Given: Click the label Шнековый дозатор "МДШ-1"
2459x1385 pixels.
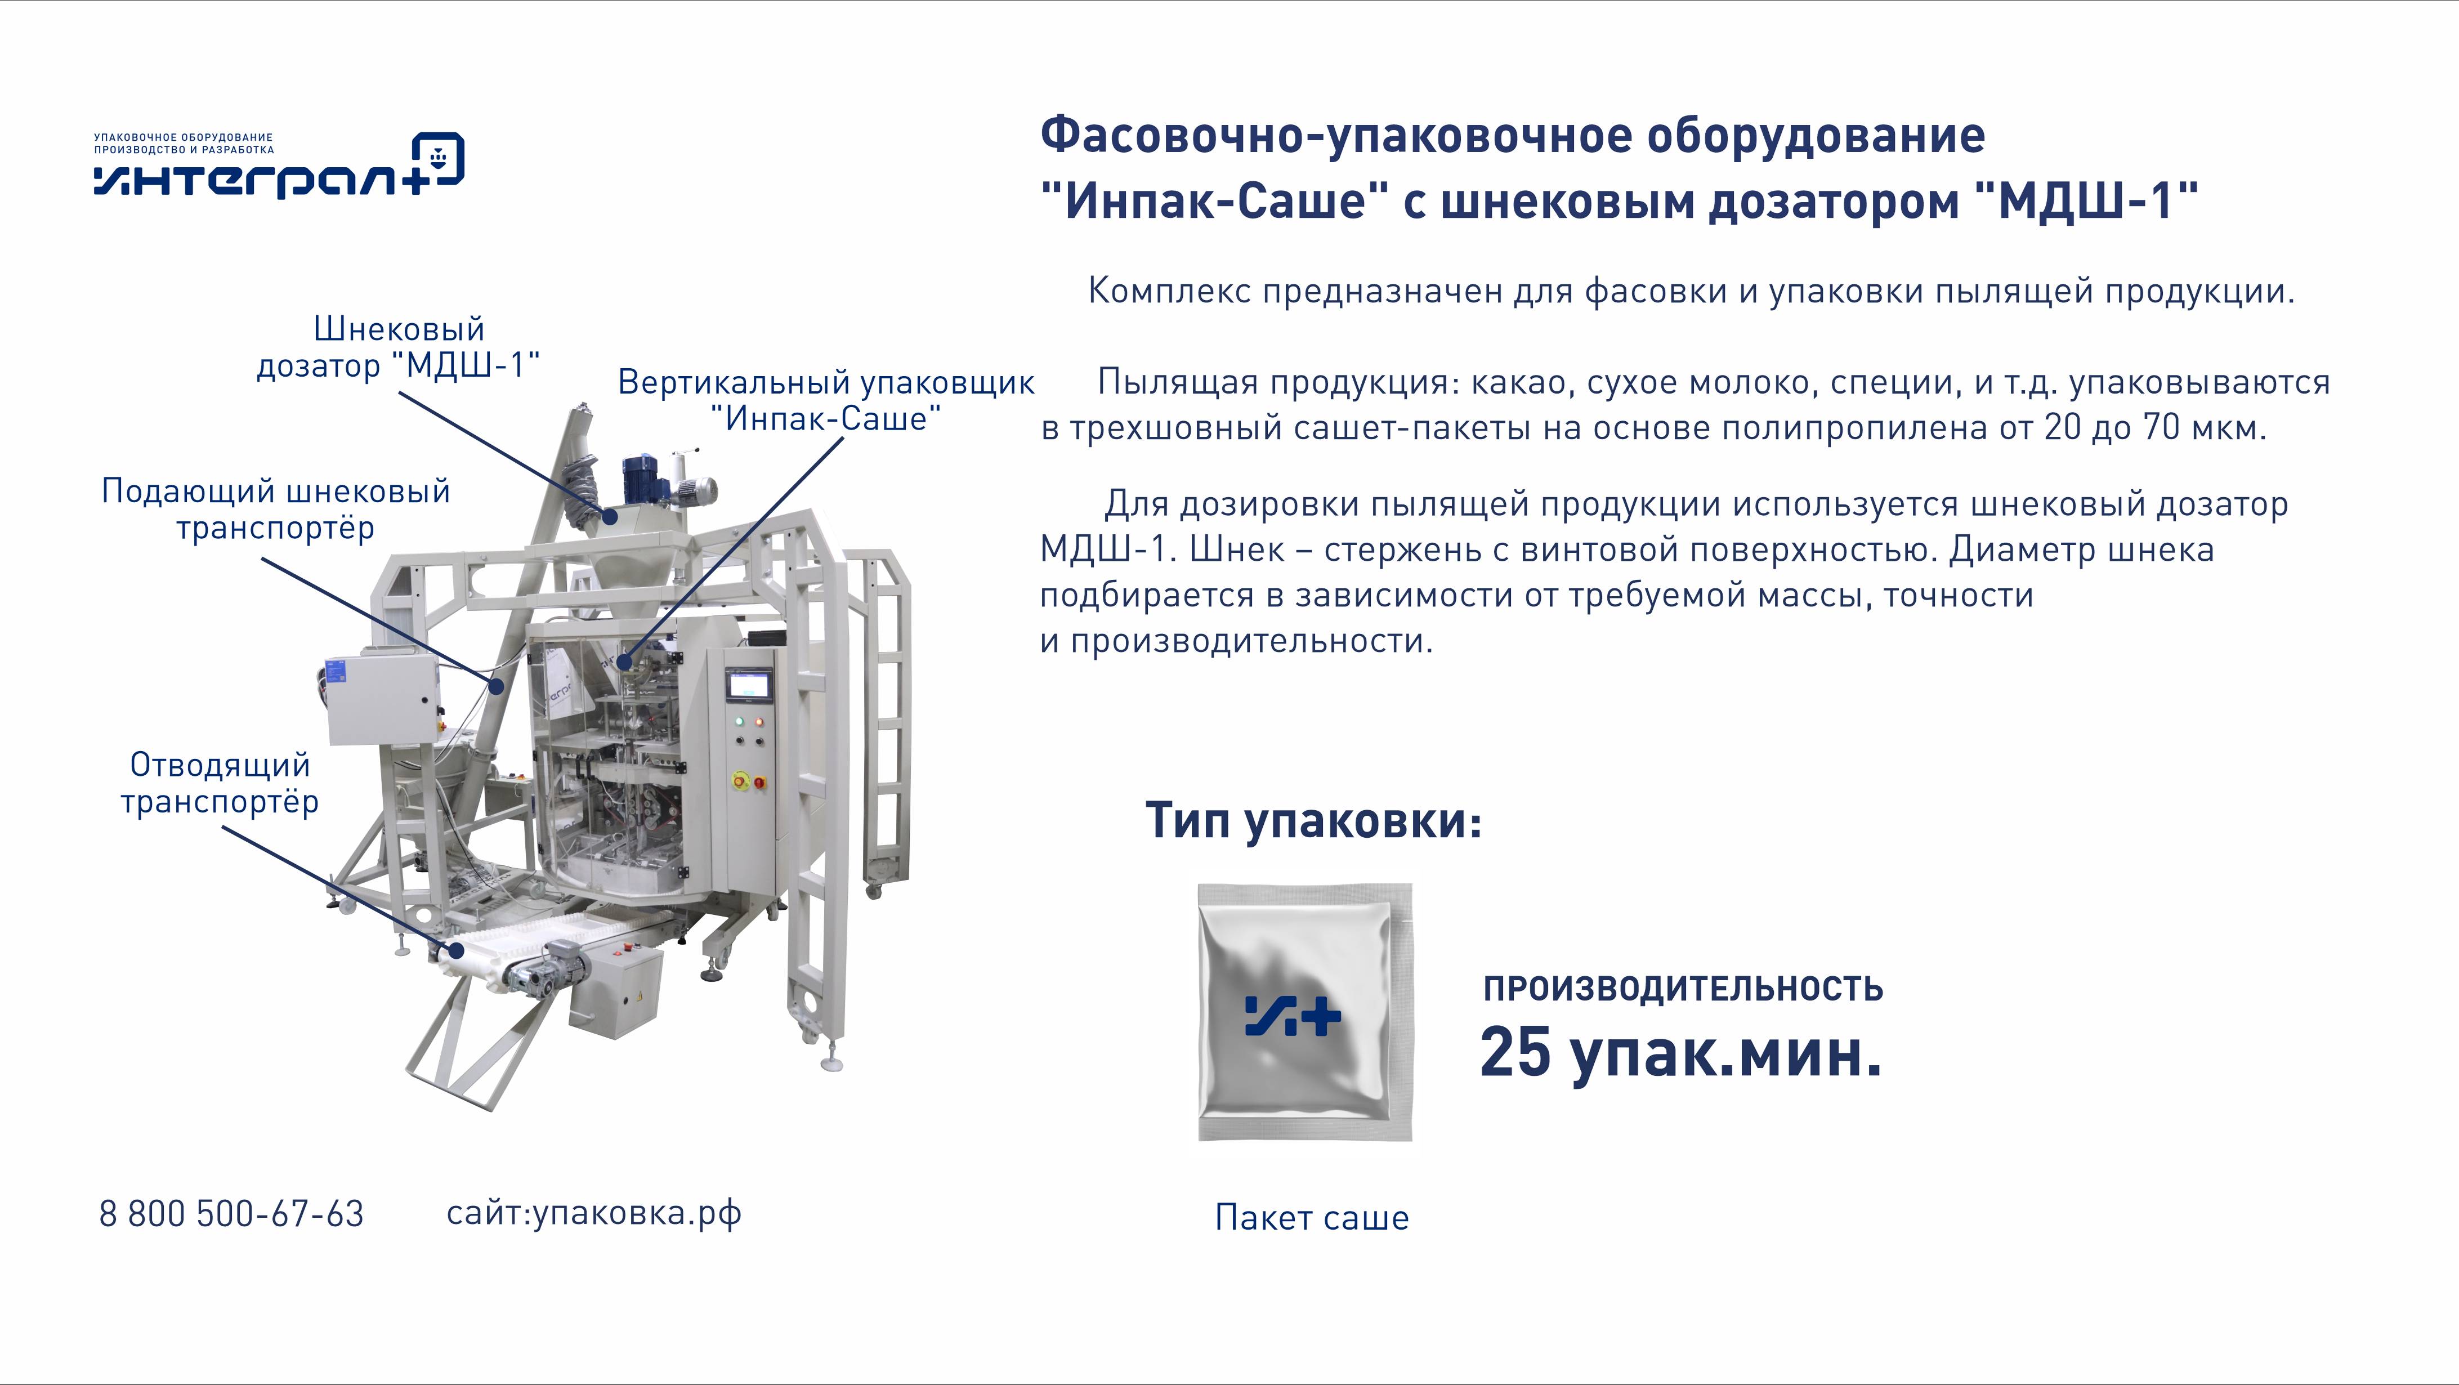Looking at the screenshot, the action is [x=399, y=347].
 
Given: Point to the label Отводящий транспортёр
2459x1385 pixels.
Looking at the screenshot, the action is [x=220, y=783].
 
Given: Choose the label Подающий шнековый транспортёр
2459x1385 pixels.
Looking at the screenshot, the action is [x=276, y=509].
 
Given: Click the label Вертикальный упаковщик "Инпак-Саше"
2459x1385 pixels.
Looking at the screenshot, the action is [x=826, y=400].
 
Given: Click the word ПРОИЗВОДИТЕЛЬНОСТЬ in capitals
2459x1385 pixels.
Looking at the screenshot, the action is [x=1683, y=989].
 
